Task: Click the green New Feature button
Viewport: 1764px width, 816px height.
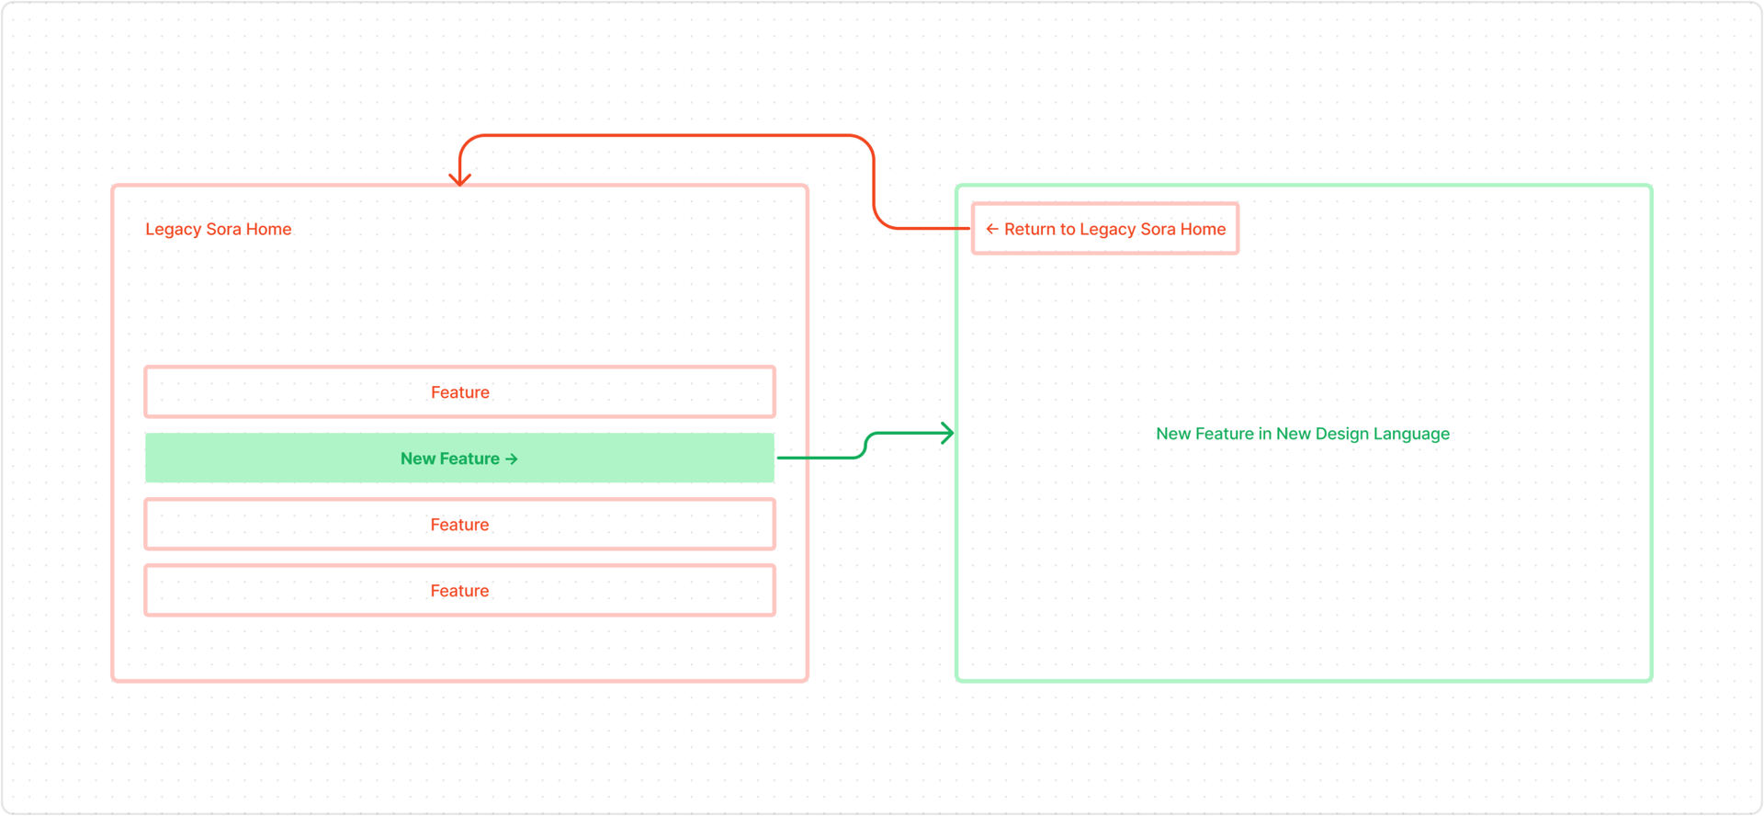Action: click(459, 458)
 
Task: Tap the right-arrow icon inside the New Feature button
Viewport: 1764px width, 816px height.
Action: click(512, 459)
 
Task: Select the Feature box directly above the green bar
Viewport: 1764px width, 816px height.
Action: click(459, 391)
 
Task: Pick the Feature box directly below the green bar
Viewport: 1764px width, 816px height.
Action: click(459, 524)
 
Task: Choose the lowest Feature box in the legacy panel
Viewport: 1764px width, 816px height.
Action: click(459, 590)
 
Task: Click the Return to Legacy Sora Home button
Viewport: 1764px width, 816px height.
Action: click(1105, 228)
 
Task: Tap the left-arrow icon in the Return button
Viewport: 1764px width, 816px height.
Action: click(992, 229)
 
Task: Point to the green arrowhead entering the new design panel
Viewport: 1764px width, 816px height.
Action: click(947, 433)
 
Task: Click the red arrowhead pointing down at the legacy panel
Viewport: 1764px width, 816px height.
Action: click(460, 177)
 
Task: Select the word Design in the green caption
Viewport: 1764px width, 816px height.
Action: click(1340, 434)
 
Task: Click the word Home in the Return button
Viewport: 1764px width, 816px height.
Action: click(1203, 229)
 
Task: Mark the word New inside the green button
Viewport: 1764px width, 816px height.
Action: click(417, 459)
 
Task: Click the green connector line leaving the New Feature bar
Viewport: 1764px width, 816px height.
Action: click(865, 445)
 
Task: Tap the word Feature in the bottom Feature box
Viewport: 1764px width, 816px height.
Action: click(459, 591)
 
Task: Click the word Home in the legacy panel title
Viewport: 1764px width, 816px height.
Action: click(268, 229)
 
